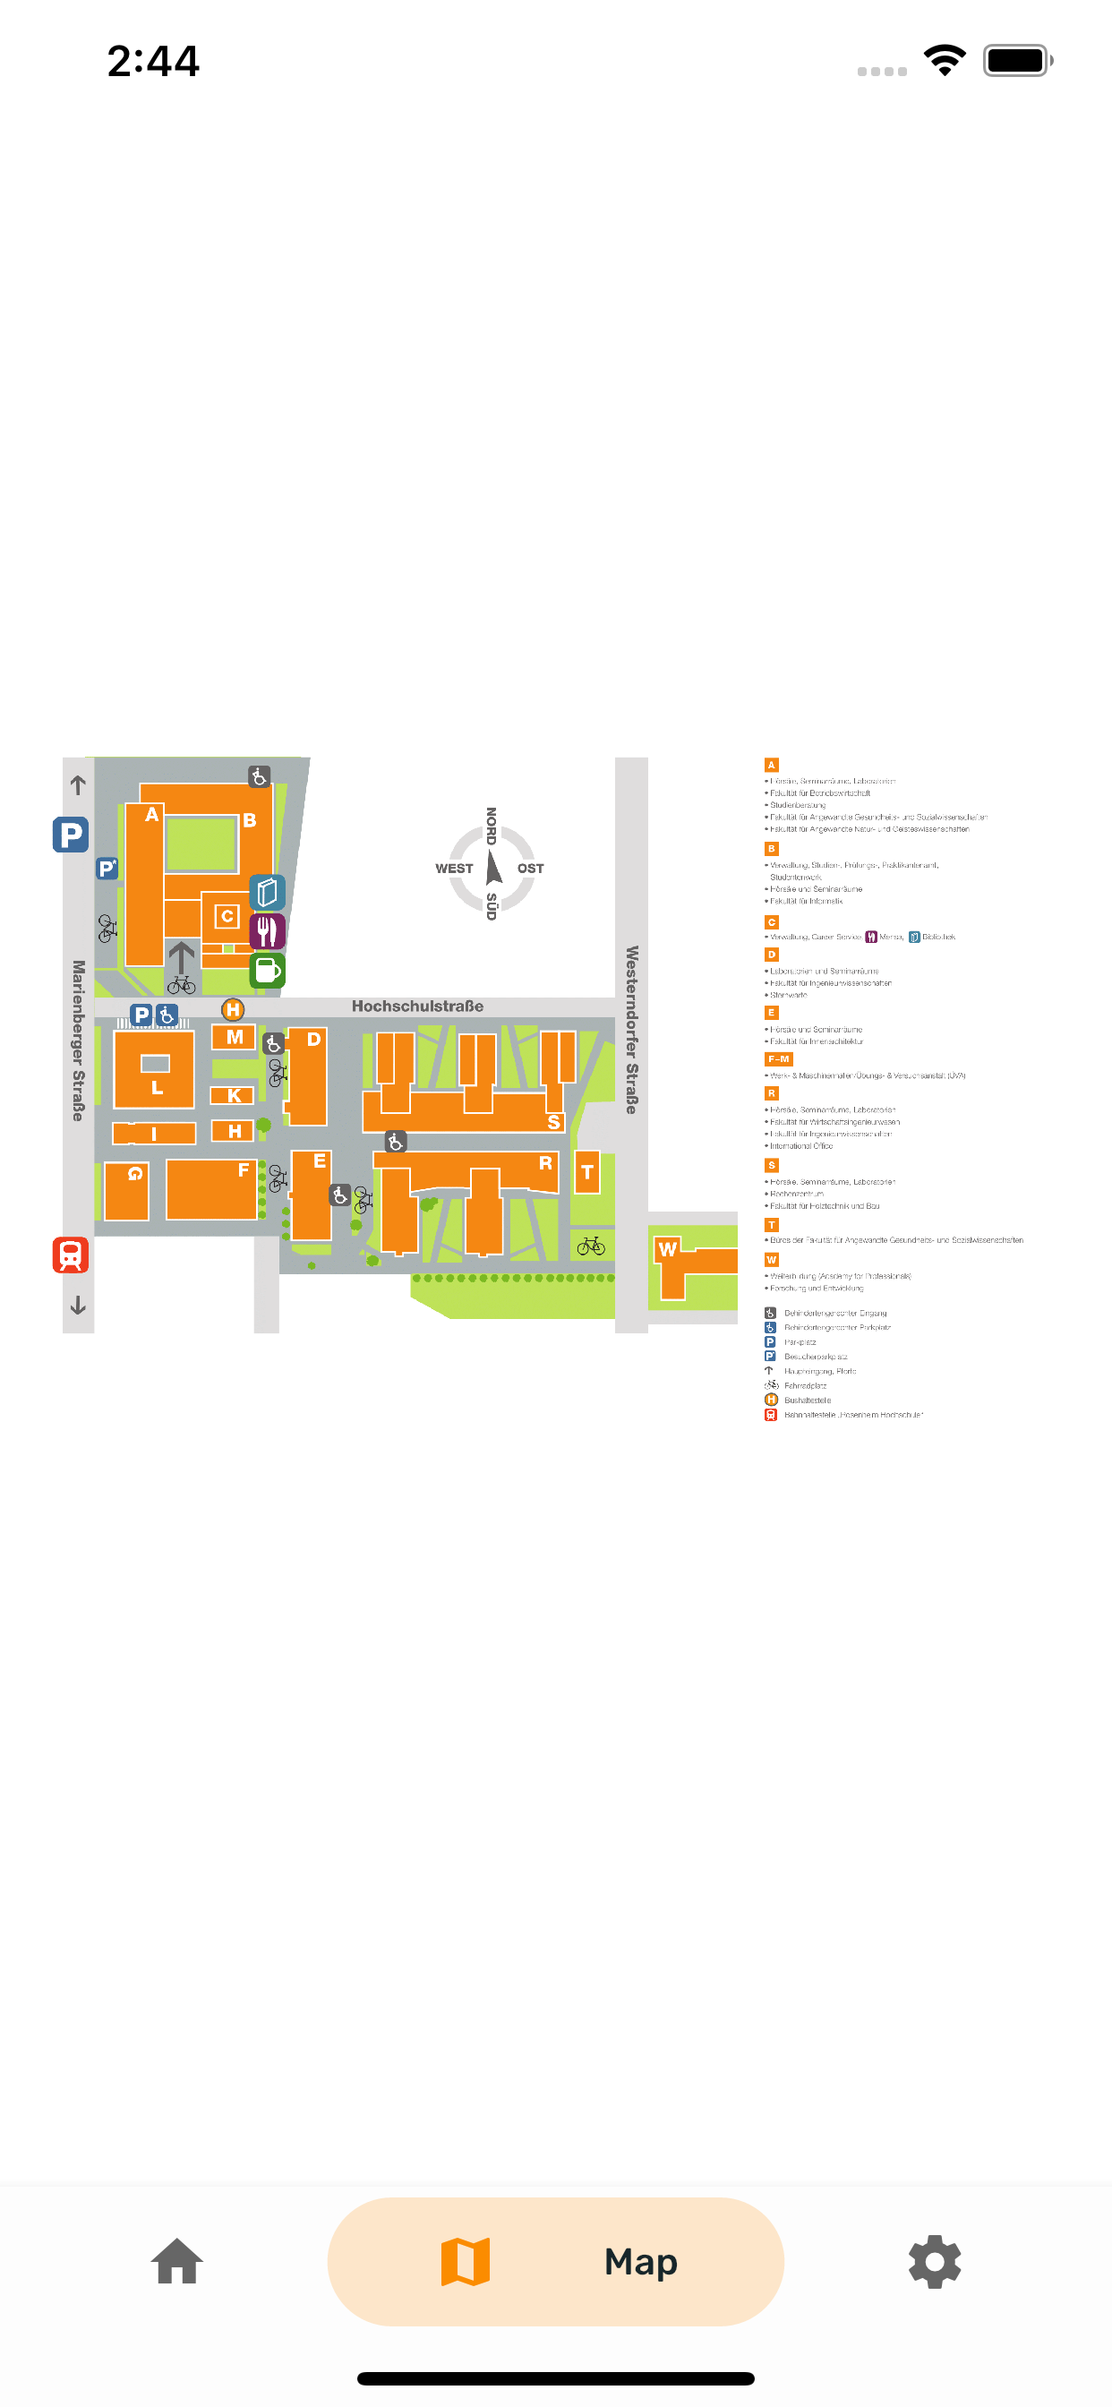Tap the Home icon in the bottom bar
(x=177, y=2261)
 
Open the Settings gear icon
(x=935, y=2261)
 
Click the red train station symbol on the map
(x=71, y=1255)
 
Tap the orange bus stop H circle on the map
(x=233, y=1009)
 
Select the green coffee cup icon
(x=267, y=970)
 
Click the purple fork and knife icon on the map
(x=267, y=930)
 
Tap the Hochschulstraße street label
(x=418, y=1006)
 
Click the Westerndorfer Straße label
(x=632, y=1029)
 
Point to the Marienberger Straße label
(x=79, y=1040)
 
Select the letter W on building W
(x=667, y=1249)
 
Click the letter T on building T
(x=586, y=1172)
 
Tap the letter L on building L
(x=157, y=1088)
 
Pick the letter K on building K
(x=235, y=1096)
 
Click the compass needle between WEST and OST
(x=493, y=867)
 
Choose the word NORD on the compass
(x=492, y=826)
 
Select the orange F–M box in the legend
(x=778, y=1058)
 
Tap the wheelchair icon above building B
(x=259, y=776)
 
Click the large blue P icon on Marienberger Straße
(x=71, y=834)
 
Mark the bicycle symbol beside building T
(x=591, y=1246)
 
